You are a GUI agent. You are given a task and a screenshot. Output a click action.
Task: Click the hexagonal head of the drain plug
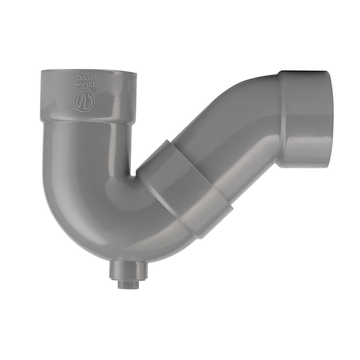tap(125, 284)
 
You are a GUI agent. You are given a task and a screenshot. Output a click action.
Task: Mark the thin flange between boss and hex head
tap(125, 279)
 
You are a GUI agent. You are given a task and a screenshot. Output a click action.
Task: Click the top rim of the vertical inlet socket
tap(85, 71)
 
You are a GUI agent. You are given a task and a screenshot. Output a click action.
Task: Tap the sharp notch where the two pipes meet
tap(134, 173)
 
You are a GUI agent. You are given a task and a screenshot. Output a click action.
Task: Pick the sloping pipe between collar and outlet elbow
tap(229, 148)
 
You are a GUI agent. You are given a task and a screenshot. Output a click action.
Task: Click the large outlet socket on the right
tap(306, 119)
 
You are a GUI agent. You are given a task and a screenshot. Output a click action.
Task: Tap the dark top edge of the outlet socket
tap(304, 72)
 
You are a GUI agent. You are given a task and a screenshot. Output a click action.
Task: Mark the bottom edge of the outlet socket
tap(306, 166)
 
